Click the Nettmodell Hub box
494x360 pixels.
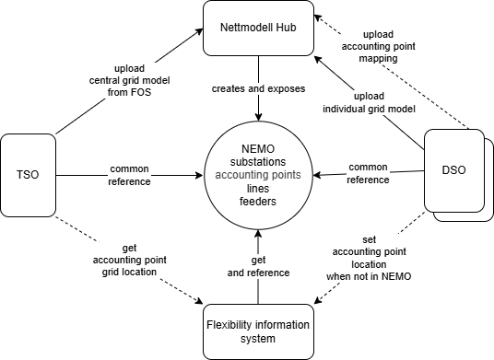click(x=257, y=28)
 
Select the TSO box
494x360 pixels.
click(x=28, y=172)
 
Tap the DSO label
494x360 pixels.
click(x=453, y=171)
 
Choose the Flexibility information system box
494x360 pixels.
click(x=257, y=331)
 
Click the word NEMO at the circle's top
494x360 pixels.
click(x=258, y=149)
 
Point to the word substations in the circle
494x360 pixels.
click(x=258, y=162)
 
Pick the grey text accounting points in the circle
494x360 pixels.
click(x=258, y=175)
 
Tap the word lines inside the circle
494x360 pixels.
click(x=258, y=188)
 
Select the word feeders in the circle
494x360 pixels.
click(x=258, y=201)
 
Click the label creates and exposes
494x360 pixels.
click(x=258, y=89)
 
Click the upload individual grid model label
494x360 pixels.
click(x=369, y=103)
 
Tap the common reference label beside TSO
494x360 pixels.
click(x=129, y=175)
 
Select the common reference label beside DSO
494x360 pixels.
click(x=367, y=173)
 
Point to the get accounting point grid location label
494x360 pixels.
click(x=129, y=261)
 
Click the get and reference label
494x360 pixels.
click(x=258, y=266)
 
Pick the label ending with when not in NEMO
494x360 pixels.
click(x=368, y=258)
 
